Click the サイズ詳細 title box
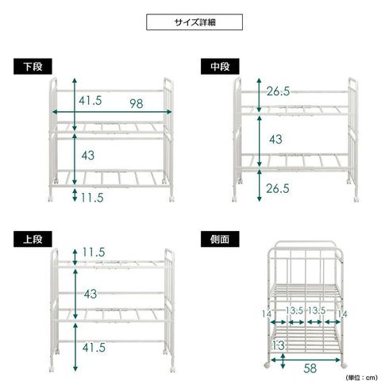coord(194,22)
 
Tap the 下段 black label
coord(33,67)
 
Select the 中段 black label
coord(220,67)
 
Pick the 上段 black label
coord(33,239)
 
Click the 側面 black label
coord(220,239)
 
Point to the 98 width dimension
coord(137,104)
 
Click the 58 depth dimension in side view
coord(310,368)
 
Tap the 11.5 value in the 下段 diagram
coord(92,198)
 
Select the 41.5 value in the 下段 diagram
coord(91,101)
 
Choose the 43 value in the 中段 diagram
coord(275,140)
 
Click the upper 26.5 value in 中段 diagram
coord(278,91)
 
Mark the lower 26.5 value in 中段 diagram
coord(278,189)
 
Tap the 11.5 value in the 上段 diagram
coord(94,252)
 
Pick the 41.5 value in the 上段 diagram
coord(94,348)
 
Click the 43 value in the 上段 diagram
coord(91,295)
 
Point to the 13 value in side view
coord(279,345)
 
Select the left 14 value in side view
coord(267,314)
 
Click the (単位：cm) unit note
coord(362,378)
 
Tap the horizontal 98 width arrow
coord(112,112)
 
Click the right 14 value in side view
coord(342,314)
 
